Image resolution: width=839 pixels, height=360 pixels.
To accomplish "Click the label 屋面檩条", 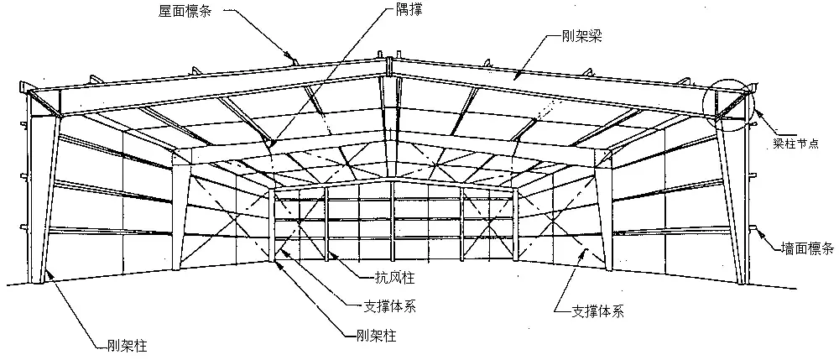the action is (x=185, y=11).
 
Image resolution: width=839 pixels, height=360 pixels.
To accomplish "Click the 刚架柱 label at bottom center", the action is (x=376, y=336).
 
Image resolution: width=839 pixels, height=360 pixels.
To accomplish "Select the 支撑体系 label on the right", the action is (x=597, y=311).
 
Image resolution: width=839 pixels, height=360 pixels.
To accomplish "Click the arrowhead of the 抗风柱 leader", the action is (x=332, y=253).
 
